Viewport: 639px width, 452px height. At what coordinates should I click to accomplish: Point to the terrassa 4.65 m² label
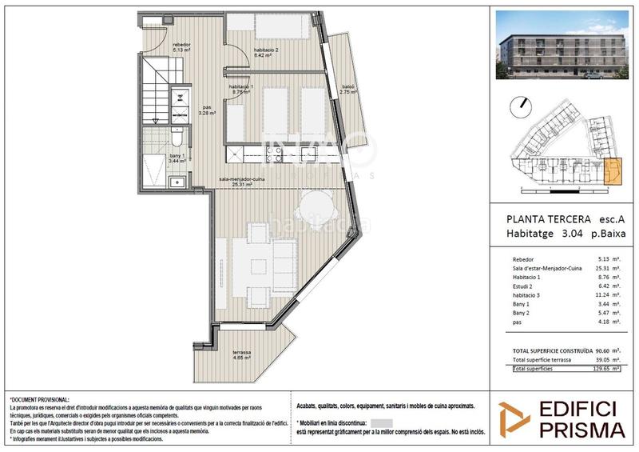coord(240,356)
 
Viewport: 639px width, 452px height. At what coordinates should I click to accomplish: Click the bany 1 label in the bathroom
coord(177,158)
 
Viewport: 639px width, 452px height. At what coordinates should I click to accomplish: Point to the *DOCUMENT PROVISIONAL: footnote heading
coord(39,398)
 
